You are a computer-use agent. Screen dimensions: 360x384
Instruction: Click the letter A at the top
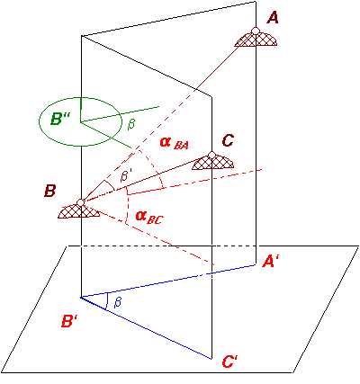[x=273, y=17]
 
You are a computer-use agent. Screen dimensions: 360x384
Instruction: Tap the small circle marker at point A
[x=256, y=31]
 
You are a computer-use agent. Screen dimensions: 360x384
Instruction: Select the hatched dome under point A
[x=256, y=39]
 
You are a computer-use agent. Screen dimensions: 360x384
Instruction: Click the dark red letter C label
[x=228, y=140]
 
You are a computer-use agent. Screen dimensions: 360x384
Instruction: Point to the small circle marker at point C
[x=211, y=155]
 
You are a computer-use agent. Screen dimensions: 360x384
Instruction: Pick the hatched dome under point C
[x=212, y=163]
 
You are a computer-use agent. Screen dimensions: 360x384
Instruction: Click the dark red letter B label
[x=49, y=191]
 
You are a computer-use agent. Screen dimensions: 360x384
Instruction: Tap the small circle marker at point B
[x=80, y=202]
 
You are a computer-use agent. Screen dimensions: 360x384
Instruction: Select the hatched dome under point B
[x=78, y=210]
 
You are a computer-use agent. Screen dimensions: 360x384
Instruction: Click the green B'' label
[x=60, y=120]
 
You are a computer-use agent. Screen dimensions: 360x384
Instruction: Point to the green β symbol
[x=130, y=124]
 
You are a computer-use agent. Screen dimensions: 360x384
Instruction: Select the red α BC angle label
[x=149, y=217]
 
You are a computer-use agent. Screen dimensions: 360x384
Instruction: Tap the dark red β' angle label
[x=125, y=175]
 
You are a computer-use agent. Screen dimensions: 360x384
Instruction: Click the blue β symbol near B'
[x=118, y=302]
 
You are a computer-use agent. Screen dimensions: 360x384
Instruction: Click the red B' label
[x=69, y=321]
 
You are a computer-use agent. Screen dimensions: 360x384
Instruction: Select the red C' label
[x=230, y=362]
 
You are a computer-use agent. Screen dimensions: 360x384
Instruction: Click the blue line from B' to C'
[x=147, y=328]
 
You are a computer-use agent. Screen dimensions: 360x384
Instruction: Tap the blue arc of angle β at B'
[x=107, y=301]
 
